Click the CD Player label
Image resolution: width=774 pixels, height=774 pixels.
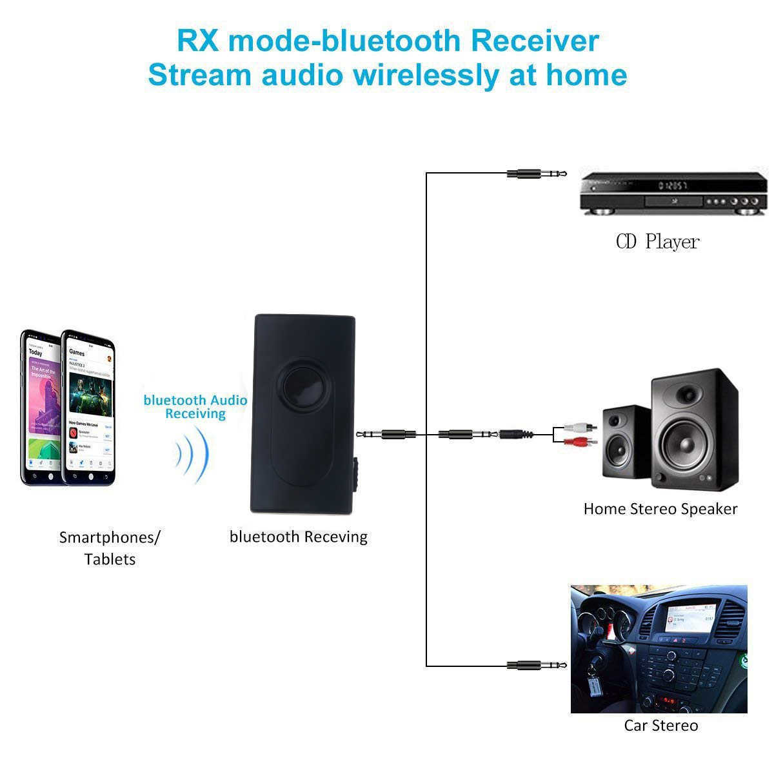click(x=657, y=242)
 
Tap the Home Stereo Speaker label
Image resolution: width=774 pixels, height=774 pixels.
click(x=660, y=509)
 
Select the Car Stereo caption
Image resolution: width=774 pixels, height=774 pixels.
click(x=660, y=726)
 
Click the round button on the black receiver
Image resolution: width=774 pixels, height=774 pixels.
click(x=302, y=388)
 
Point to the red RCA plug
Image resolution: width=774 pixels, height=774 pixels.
click(x=580, y=442)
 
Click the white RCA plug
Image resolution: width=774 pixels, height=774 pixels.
click(x=580, y=426)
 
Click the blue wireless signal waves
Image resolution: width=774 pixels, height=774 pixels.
click(x=193, y=455)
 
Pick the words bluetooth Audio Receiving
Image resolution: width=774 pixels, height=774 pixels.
click(x=195, y=407)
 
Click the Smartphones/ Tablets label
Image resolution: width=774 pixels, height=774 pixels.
click(x=110, y=548)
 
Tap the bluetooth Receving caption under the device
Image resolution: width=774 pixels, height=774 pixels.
click(x=298, y=537)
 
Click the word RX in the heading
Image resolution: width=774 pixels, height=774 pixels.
click(x=197, y=41)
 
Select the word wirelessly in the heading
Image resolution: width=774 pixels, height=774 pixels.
click(x=425, y=74)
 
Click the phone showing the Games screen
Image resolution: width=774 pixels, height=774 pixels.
click(x=90, y=408)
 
